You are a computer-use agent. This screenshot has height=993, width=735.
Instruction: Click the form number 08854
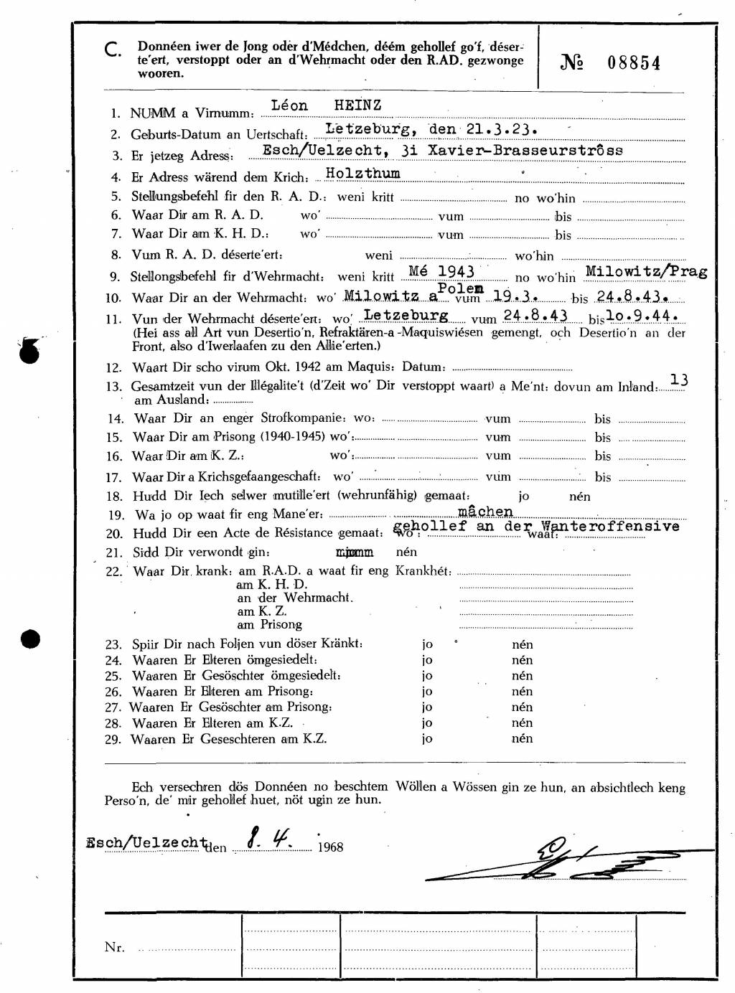click(x=634, y=63)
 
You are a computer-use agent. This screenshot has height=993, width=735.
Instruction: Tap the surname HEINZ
click(x=357, y=105)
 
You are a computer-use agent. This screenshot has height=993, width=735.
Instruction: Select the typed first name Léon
click(x=289, y=105)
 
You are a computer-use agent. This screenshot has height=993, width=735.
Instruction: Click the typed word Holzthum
click(x=362, y=173)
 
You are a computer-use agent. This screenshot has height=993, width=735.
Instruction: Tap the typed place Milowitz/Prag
click(x=646, y=271)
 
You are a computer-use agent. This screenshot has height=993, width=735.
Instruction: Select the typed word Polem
click(x=461, y=288)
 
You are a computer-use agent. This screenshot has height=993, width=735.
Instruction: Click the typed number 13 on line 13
click(x=678, y=380)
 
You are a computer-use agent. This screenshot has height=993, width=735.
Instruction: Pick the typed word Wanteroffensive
click(x=610, y=526)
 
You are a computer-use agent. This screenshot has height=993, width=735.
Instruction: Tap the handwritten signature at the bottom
click(x=567, y=860)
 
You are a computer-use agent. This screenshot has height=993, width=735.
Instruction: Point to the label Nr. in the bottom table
click(x=114, y=947)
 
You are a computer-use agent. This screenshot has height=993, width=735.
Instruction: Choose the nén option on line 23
click(x=522, y=644)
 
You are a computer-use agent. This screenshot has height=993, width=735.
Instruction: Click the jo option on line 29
click(x=427, y=739)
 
